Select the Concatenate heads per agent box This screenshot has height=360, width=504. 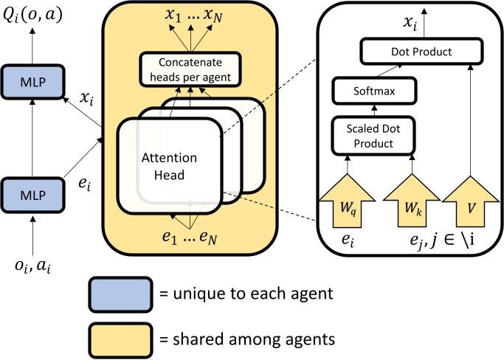(x=190, y=67)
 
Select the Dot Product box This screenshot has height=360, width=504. (x=415, y=52)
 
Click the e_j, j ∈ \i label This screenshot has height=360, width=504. (x=435, y=239)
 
